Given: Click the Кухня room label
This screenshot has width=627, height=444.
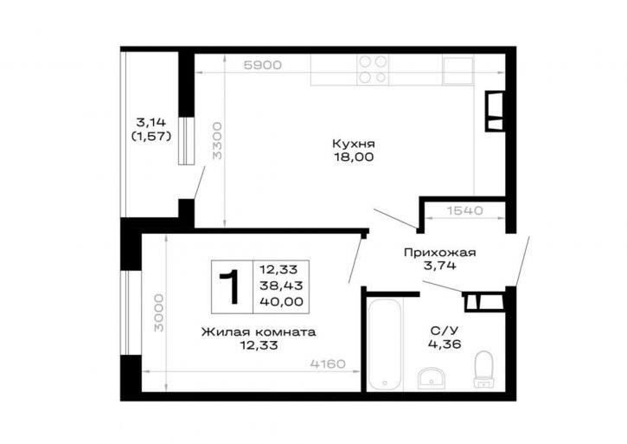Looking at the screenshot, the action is [354, 144].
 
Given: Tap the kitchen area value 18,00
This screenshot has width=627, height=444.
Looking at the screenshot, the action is [354, 157].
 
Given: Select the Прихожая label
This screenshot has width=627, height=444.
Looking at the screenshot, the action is [439, 253].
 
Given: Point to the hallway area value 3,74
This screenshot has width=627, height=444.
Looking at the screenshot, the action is [439, 266].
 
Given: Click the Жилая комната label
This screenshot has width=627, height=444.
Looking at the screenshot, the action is [259, 331].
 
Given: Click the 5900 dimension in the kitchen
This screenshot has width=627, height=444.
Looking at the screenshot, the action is [263, 65].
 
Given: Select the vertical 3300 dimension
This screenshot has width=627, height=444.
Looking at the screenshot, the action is [217, 141].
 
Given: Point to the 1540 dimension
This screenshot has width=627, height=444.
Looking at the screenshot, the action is [464, 210].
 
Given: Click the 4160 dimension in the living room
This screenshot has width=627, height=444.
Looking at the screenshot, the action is [328, 364].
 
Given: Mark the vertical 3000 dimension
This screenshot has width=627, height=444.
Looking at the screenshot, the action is [159, 312].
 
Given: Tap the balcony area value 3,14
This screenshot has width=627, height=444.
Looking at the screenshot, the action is [151, 122].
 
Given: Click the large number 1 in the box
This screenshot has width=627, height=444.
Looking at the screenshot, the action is [229, 286].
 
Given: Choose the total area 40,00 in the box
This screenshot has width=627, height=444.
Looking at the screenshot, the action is [282, 301].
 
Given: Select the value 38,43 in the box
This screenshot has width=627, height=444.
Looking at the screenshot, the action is [281, 286].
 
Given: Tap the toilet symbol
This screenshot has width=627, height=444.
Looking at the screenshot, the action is [483, 369].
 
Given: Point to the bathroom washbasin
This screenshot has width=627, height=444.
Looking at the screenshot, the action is [432, 378].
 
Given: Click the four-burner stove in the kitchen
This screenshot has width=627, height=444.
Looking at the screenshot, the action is [373, 69].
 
